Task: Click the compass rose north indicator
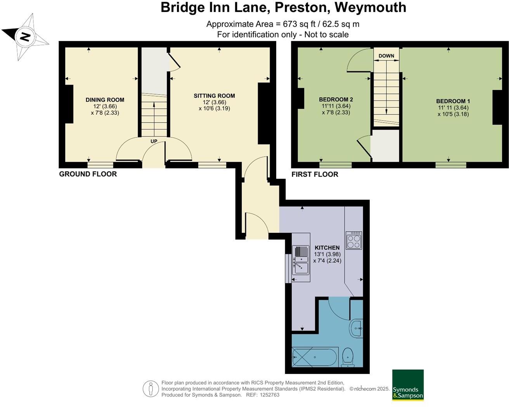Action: pyautogui.click(x=25, y=37)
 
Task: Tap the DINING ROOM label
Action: pyautogui.click(x=99, y=100)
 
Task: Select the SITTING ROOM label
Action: pyautogui.click(x=214, y=96)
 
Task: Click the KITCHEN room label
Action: pyautogui.click(x=327, y=248)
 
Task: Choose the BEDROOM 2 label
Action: pyautogui.click(x=336, y=99)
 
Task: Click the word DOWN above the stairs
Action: pyautogui.click(x=386, y=56)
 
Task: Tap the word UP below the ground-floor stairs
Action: pyautogui.click(x=154, y=141)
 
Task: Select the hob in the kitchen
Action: pyautogui.click(x=354, y=241)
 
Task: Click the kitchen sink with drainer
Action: pyautogui.click(x=301, y=257)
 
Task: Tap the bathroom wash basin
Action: pyautogui.click(x=357, y=329)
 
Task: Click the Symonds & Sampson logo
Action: pyautogui.click(x=408, y=385)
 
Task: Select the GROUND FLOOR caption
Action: pyautogui.click(x=88, y=174)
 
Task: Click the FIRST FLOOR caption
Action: pyautogui.click(x=315, y=174)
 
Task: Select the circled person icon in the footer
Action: pyautogui.click(x=151, y=389)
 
